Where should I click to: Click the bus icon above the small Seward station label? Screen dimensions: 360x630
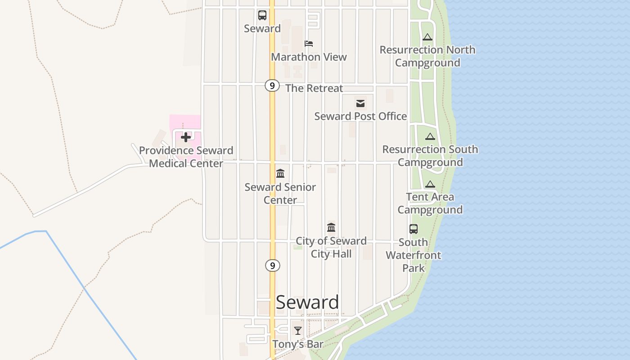pos(262,15)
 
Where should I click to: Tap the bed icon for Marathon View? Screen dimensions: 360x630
pos(309,44)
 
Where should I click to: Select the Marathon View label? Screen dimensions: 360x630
pos(309,57)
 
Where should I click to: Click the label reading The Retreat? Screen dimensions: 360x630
pos(314,88)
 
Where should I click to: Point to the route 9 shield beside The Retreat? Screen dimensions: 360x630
pos(272,85)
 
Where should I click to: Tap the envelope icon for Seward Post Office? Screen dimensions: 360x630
pos(360,103)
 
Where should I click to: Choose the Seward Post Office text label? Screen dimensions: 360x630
pos(360,116)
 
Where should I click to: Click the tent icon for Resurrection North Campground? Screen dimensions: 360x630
pos(427,37)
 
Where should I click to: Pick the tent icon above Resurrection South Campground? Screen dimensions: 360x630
pos(430,137)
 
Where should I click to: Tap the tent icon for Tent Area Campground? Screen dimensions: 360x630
pos(430,184)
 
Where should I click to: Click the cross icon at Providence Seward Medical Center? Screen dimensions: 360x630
pos(186,137)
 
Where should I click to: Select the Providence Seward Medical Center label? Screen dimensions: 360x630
pos(186,157)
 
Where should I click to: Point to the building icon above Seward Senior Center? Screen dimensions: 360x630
pos(280,174)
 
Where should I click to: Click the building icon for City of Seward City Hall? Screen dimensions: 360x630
pos(331,227)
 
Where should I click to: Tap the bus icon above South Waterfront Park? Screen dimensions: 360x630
pos(414,229)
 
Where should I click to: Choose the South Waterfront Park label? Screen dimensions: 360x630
pos(414,255)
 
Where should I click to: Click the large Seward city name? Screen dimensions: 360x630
pos(307,302)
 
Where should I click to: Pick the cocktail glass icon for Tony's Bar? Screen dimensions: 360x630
pos(298,331)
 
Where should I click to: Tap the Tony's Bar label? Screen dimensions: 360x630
pos(298,344)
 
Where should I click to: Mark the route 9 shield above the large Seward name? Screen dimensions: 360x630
pos(272,265)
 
